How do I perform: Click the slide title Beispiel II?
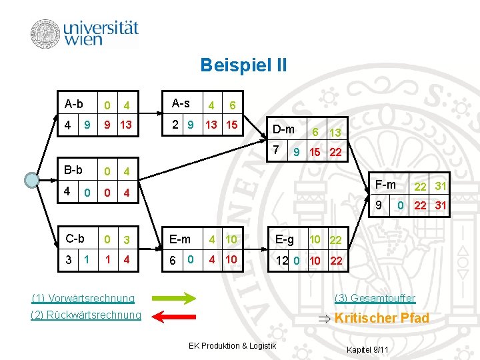click(243, 65)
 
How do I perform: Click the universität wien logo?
click(85, 33)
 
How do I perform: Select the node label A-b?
click(74, 104)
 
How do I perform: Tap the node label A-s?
click(181, 103)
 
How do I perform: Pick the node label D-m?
click(284, 129)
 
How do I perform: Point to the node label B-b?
click(73, 170)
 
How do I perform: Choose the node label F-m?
click(385, 183)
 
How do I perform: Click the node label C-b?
click(74, 239)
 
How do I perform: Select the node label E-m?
click(180, 239)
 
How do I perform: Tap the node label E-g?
click(285, 239)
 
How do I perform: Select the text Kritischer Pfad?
click(381, 318)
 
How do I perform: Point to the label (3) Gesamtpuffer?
click(375, 298)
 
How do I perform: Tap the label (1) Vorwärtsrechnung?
click(83, 298)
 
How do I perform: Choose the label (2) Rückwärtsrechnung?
click(86, 315)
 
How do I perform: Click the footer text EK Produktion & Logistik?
click(232, 345)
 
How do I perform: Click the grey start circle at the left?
click(31, 181)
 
